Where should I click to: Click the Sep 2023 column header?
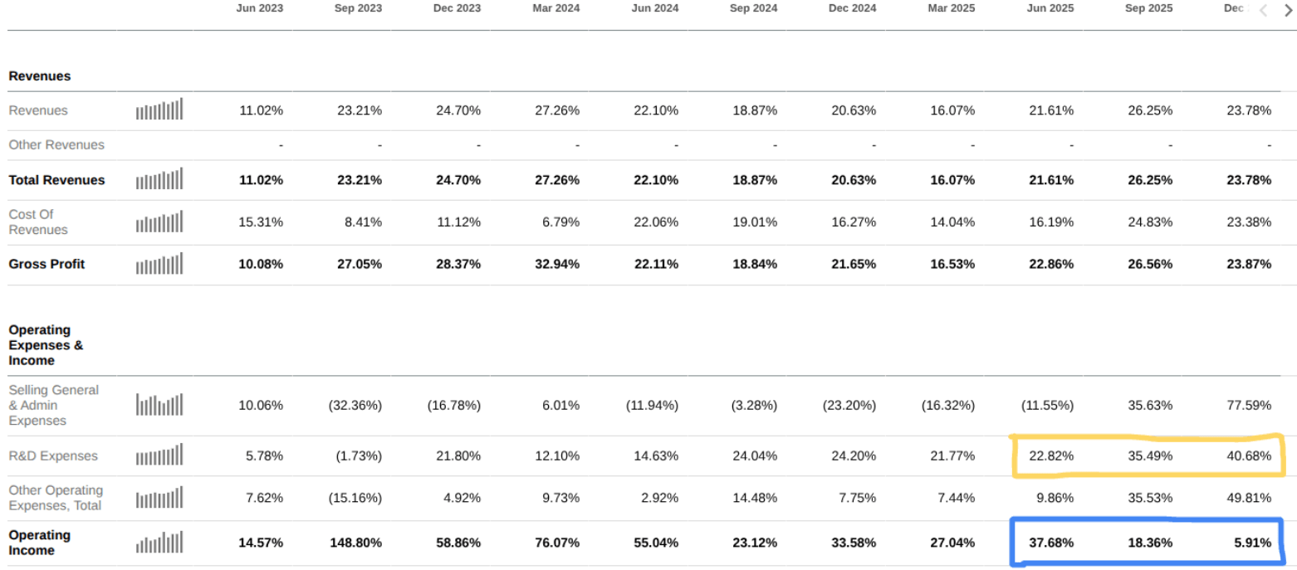(x=358, y=8)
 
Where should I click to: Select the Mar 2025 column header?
(x=952, y=8)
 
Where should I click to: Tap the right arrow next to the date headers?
(x=1289, y=10)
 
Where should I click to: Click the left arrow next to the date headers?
(x=1264, y=10)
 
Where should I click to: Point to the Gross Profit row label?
(x=46, y=264)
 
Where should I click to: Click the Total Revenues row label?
(x=56, y=180)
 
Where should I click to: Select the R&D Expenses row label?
(x=52, y=456)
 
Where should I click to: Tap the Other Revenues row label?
(x=56, y=144)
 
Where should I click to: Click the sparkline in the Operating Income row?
(x=159, y=543)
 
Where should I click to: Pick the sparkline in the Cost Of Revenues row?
(x=159, y=222)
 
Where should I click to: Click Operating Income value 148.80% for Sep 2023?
(x=355, y=543)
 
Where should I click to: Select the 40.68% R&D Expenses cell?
(x=1248, y=456)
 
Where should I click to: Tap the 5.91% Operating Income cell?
(x=1252, y=543)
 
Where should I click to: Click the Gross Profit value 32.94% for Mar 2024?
(x=557, y=264)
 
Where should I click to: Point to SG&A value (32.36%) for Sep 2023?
(x=355, y=405)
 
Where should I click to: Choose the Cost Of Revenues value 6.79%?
(x=560, y=222)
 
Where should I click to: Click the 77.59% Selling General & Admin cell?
(x=1248, y=405)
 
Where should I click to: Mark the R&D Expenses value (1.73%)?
(x=359, y=456)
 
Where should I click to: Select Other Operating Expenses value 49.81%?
(x=1248, y=498)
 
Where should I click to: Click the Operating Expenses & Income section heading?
(x=46, y=345)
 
